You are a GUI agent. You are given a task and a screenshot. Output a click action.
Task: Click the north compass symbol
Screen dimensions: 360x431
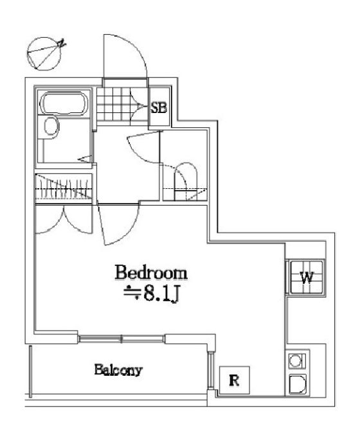(44, 54)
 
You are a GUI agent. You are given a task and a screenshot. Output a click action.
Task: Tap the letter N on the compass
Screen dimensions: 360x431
(62, 43)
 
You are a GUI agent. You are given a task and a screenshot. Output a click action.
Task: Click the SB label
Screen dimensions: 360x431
(159, 107)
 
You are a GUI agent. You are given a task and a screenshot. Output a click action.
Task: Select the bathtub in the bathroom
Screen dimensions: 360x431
(64, 103)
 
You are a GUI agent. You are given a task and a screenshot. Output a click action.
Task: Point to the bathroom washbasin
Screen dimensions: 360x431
(51, 127)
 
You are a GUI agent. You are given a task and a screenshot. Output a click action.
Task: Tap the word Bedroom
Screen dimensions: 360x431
(151, 273)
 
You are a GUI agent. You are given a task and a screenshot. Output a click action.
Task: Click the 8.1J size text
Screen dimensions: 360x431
(152, 294)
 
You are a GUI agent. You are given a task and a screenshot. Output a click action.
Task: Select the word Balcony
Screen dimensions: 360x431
(118, 370)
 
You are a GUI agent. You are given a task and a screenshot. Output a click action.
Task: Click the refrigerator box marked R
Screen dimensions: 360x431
(235, 380)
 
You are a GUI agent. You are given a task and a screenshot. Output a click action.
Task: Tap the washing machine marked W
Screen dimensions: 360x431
(306, 277)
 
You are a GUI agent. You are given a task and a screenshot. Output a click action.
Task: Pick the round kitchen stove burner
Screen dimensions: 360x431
(296, 360)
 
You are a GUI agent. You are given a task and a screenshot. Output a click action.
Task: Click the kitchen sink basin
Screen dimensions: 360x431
(298, 384)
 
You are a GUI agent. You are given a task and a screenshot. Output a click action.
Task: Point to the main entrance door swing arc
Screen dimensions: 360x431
(134, 48)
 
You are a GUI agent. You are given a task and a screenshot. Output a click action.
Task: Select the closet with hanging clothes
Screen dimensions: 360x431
(64, 188)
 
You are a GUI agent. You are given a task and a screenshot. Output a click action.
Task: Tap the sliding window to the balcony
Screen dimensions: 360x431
(122, 339)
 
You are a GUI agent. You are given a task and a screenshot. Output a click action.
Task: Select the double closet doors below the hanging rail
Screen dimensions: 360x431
(64, 220)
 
